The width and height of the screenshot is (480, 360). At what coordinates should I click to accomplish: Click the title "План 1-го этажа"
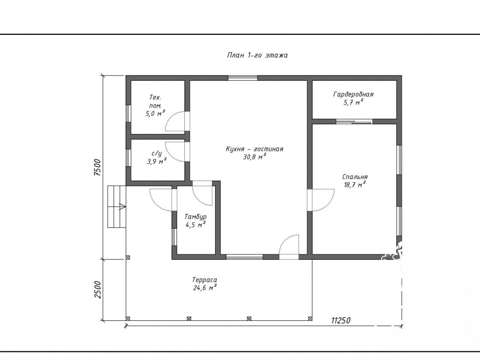[257, 55]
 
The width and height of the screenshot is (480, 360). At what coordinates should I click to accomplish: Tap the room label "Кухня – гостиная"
[255, 149]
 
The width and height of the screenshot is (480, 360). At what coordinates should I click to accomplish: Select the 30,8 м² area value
[255, 157]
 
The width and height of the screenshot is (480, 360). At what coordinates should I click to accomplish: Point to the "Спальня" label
[355, 177]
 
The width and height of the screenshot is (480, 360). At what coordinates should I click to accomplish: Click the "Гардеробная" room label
[353, 94]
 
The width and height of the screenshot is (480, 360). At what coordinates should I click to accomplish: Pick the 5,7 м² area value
[353, 102]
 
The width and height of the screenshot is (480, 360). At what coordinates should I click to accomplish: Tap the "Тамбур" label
[195, 217]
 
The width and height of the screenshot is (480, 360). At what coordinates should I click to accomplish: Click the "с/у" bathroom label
[157, 153]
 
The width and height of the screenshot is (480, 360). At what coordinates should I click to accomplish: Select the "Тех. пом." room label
[155, 102]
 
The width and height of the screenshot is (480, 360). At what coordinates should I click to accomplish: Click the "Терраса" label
[204, 280]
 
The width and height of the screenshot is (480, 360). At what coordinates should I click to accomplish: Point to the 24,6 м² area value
[205, 288]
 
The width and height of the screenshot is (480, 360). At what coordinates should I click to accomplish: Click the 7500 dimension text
[97, 167]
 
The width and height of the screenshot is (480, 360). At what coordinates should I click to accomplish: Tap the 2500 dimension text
[97, 290]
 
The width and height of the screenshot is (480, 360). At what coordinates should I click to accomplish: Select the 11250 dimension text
[341, 320]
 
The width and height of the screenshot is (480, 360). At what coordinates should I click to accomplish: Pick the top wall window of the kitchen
[243, 78]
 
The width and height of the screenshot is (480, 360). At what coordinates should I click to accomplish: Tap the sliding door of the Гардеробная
[354, 122]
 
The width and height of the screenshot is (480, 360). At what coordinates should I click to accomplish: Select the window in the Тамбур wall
[174, 237]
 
